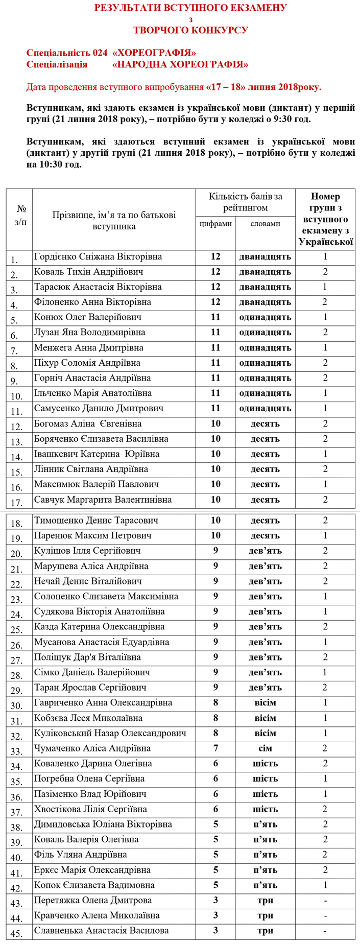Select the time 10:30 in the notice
point(51,164)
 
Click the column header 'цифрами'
point(215,224)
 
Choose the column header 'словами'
point(265,224)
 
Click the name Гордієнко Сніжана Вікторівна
point(98,256)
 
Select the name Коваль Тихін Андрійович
point(88,272)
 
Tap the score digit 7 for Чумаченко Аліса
point(215,748)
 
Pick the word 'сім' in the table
point(265,748)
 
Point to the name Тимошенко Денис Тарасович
point(96,521)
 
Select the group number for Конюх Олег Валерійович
point(325,317)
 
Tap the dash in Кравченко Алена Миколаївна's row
point(325,915)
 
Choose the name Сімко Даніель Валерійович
point(92,672)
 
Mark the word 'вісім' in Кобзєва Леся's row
point(265,718)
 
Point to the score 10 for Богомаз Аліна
point(215,423)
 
